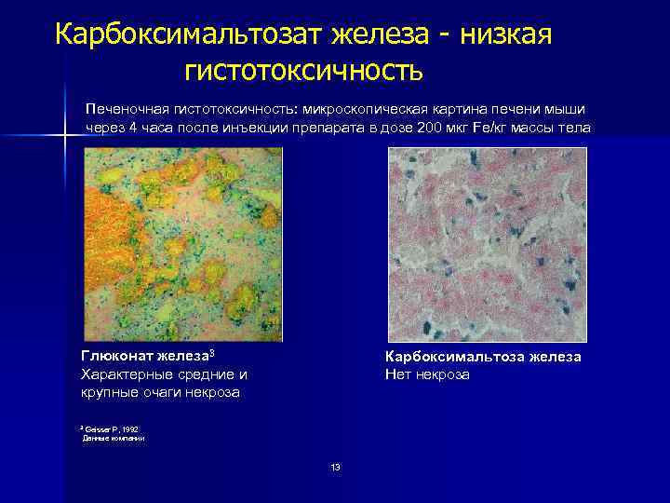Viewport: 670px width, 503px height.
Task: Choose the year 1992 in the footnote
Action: tap(128, 429)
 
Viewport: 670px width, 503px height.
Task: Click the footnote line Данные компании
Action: tap(113, 438)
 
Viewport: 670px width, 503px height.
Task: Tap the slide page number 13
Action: tap(336, 466)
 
